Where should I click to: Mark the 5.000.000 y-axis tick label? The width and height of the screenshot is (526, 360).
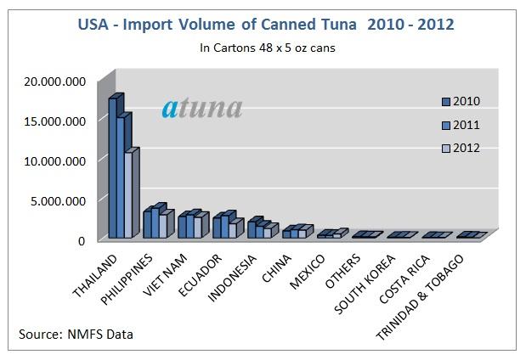tap(56, 201)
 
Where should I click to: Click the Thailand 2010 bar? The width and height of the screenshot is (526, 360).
tap(113, 170)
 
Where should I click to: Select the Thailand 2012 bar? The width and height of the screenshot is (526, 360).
tap(129, 195)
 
